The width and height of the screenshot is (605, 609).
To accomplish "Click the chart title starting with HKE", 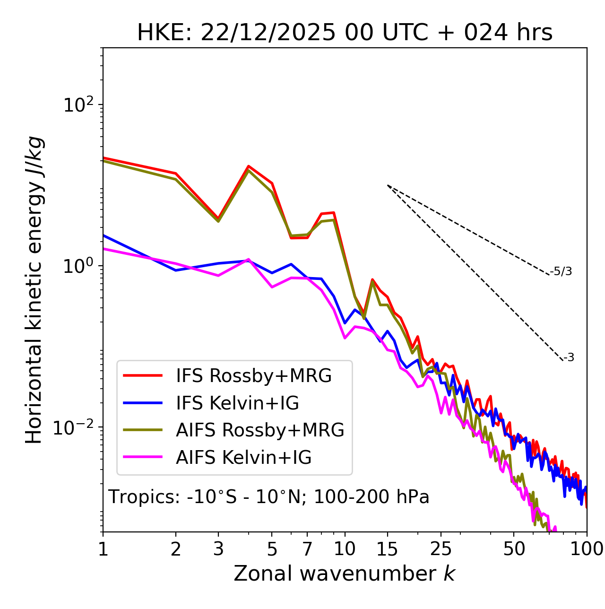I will (345, 33).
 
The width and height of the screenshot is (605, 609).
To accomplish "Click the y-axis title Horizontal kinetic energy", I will (34, 290).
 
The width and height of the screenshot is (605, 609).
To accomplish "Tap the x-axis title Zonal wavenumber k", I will (344, 573).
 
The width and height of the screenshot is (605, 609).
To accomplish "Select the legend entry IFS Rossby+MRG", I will (254, 376).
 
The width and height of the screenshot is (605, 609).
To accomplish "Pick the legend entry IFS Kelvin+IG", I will (237, 403).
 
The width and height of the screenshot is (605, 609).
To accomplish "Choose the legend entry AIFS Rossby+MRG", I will (260, 430).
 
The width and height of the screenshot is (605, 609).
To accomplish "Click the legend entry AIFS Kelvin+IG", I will (243, 458).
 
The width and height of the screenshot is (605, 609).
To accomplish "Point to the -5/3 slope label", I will (561, 271).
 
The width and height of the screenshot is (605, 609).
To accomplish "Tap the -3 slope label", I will (569, 358).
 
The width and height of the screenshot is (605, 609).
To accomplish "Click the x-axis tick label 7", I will (307, 549).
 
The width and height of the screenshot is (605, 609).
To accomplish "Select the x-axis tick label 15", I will (388, 549).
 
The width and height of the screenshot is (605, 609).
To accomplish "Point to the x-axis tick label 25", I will (441, 549).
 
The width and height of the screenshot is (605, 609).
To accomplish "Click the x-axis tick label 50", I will (514, 549).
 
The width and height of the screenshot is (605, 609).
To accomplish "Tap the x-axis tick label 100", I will (586, 549).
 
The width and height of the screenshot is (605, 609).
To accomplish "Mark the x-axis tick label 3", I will (218, 549).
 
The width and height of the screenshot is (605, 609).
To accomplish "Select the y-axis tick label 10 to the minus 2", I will (76, 427).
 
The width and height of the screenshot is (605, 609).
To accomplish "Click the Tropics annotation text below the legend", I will (268, 497).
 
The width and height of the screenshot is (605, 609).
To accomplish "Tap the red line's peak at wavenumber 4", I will (248, 166).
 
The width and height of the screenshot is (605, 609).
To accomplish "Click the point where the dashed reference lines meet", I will (388, 185).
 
